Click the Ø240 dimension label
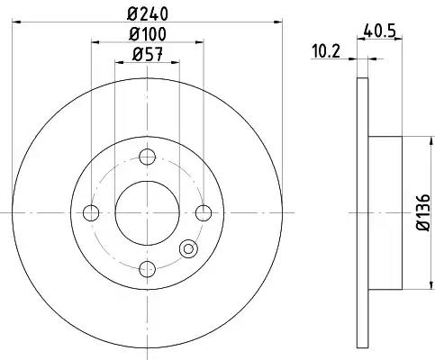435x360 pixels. click(147, 13)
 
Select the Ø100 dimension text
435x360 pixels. click(148, 34)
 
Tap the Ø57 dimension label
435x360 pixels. click(148, 54)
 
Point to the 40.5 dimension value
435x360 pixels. click(379, 31)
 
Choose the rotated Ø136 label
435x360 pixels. click(423, 212)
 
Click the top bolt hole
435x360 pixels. click(148, 157)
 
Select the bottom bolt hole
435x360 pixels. click(148, 269)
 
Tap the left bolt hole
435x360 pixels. click(91, 213)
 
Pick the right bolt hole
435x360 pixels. click(204, 213)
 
